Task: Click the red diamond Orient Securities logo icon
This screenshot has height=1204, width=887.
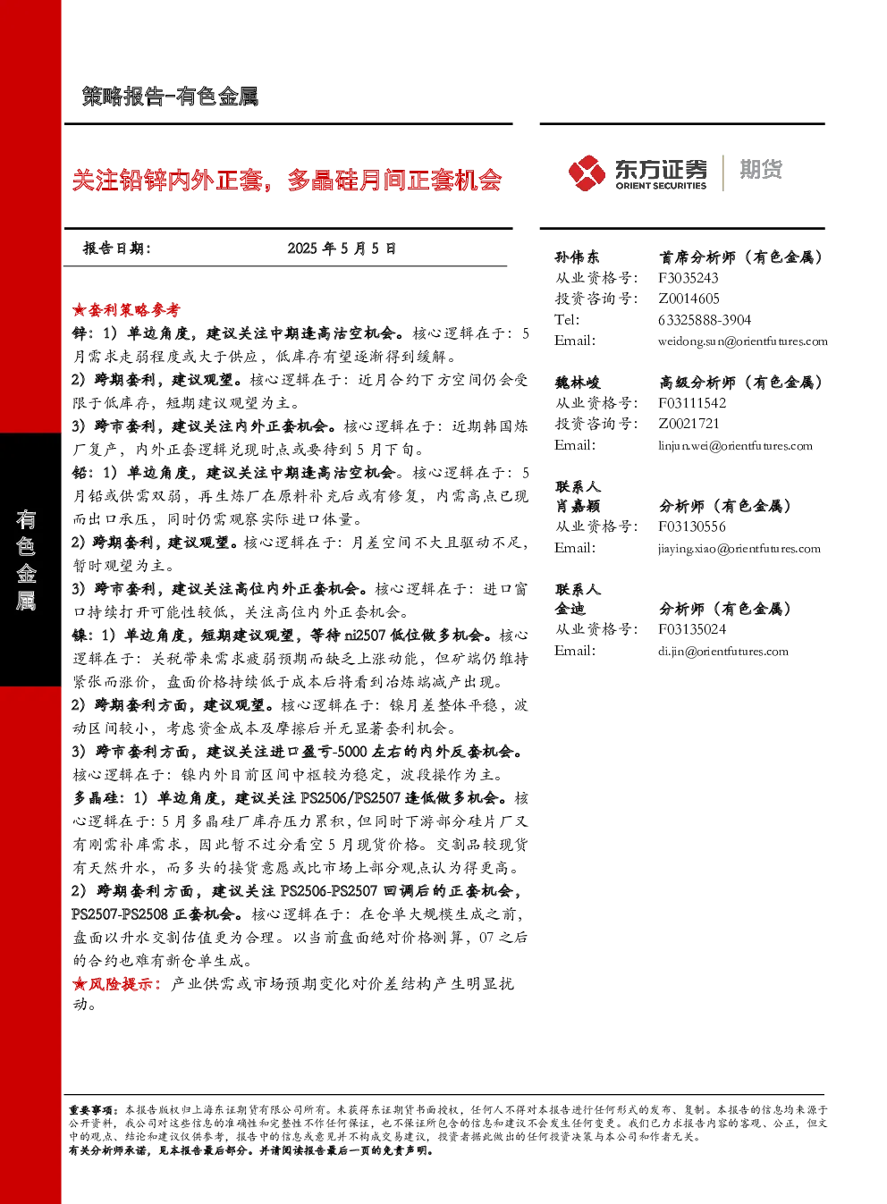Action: (x=587, y=173)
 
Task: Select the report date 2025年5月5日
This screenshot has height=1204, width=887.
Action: (x=342, y=248)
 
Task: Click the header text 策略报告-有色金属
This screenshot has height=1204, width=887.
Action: (x=170, y=97)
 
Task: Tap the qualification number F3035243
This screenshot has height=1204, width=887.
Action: (x=688, y=278)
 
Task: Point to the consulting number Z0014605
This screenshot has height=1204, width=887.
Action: (x=688, y=299)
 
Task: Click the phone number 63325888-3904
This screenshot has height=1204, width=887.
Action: (x=705, y=320)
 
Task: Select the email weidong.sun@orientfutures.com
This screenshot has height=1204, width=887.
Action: (x=743, y=341)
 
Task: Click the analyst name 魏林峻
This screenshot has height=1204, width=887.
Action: (x=578, y=383)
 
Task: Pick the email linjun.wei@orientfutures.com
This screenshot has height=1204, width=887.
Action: (x=735, y=446)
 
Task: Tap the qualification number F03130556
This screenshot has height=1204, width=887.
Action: (x=692, y=526)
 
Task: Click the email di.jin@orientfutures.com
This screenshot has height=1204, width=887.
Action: (x=723, y=652)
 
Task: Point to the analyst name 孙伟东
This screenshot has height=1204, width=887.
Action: (x=577, y=257)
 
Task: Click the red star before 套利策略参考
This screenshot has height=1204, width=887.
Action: (x=79, y=310)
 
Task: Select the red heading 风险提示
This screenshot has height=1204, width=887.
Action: (x=120, y=984)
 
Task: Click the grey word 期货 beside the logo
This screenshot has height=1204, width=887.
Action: (x=761, y=169)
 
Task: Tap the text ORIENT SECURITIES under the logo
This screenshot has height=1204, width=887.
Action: (x=661, y=186)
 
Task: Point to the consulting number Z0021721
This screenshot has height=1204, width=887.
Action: (x=688, y=424)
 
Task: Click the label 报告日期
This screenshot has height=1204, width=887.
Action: (x=116, y=248)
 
